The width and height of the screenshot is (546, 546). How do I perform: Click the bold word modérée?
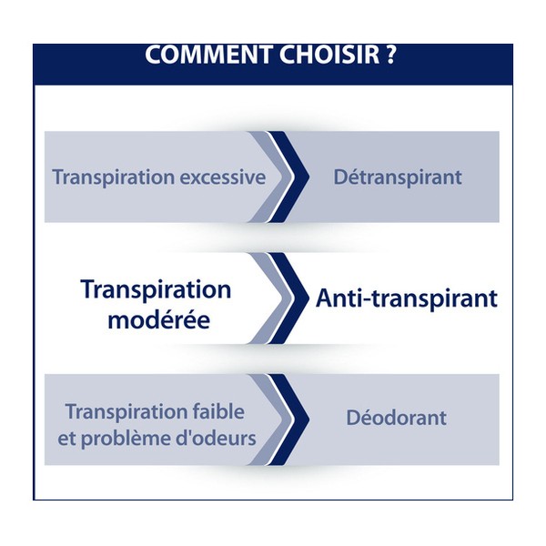pos(157,319)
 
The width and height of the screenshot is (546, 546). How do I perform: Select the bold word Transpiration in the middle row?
pos(156,290)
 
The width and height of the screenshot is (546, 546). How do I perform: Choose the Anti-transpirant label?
pos(406,298)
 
